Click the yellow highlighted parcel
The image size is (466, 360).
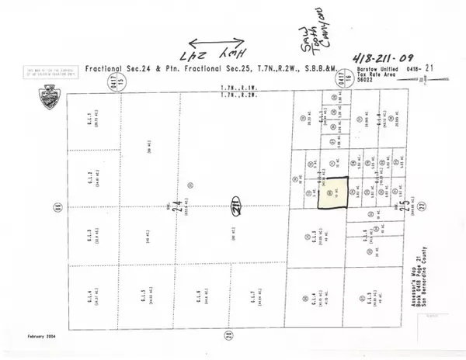pyautogui.click(x=335, y=194)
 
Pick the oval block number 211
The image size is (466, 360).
pyautogui.click(x=233, y=206)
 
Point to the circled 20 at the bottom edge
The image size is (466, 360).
pyautogui.click(x=233, y=334)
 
